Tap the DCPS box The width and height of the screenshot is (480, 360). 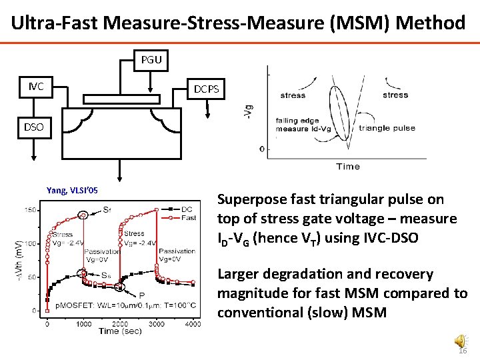click(206, 89)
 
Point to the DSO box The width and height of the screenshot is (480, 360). click(35, 125)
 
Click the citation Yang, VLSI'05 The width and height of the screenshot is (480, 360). click(72, 191)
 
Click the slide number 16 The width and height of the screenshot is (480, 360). click(463, 351)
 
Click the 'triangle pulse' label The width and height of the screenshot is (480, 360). click(387, 128)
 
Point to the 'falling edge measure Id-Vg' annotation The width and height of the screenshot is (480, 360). click(302, 125)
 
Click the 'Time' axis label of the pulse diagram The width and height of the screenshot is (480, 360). click(347, 166)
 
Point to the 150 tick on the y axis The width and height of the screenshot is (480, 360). click(31, 211)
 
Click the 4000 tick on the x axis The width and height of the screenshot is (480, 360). click(192, 323)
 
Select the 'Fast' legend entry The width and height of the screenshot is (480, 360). click(188, 218)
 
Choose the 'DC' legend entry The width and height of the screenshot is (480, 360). click(187, 209)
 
